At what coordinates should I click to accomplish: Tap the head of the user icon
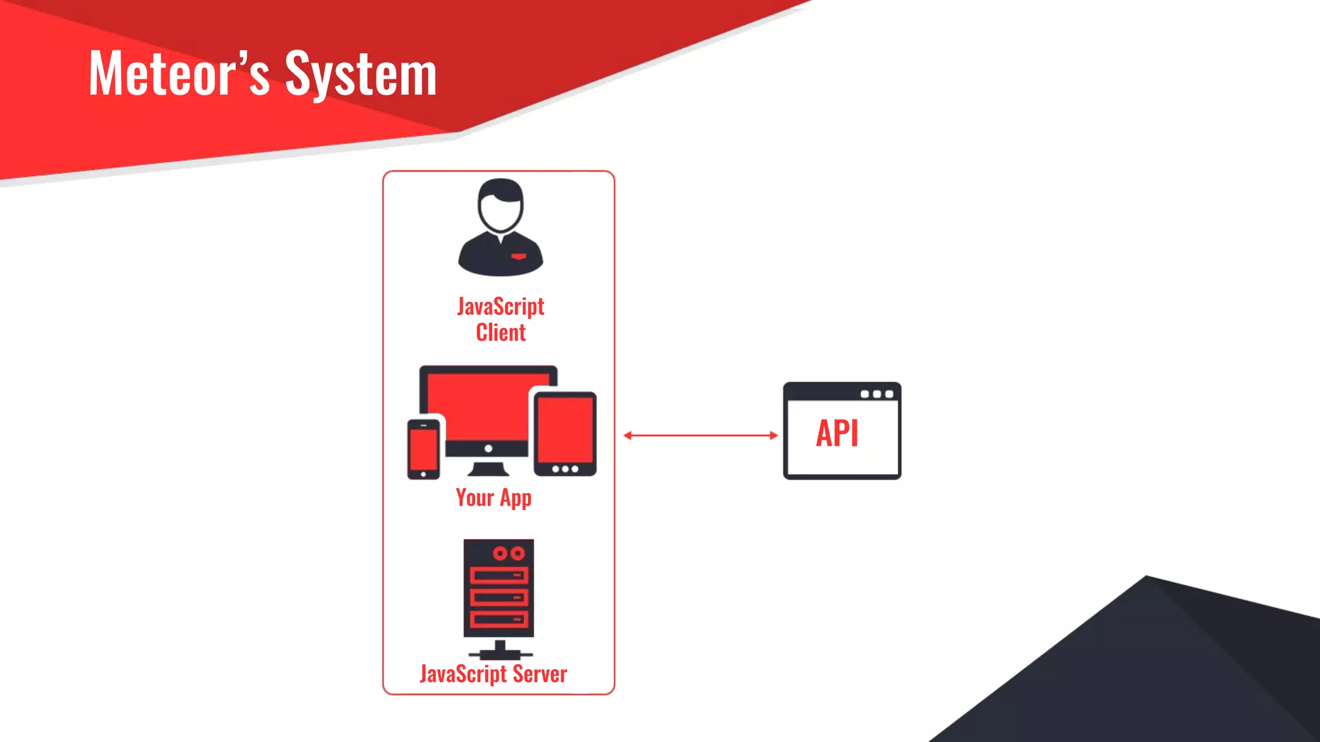pyautogui.click(x=501, y=205)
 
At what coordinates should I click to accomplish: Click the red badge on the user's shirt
pyautogui.click(x=519, y=256)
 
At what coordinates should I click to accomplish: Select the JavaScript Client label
pyautogui.click(x=501, y=319)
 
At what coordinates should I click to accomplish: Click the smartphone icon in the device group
pyautogui.click(x=423, y=449)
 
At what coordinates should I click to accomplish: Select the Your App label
pyautogui.click(x=494, y=498)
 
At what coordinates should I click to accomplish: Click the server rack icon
pyautogui.click(x=499, y=589)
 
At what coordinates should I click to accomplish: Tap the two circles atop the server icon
pyautogui.click(x=509, y=553)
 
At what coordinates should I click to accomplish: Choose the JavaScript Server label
pyautogui.click(x=493, y=674)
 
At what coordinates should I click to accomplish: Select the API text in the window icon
pyautogui.click(x=837, y=433)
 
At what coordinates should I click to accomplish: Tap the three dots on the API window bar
pyautogui.click(x=877, y=394)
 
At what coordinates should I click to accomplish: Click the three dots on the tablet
pyautogui.click(x=565, y=469)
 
